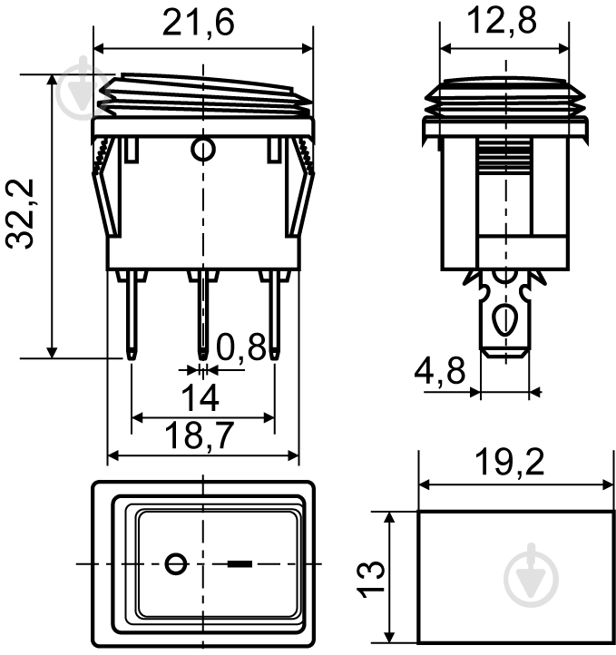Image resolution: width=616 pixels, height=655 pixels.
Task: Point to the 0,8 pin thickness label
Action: point(242,346)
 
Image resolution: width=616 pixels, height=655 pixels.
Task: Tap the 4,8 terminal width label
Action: point(439,370)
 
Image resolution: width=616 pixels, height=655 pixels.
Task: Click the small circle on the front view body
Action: point(203,148)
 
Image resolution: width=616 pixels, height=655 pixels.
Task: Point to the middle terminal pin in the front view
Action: point(203,313)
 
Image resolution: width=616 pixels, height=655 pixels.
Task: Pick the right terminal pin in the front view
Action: point(273,313)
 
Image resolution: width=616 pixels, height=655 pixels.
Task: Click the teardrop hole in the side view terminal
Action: point(504,320)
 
